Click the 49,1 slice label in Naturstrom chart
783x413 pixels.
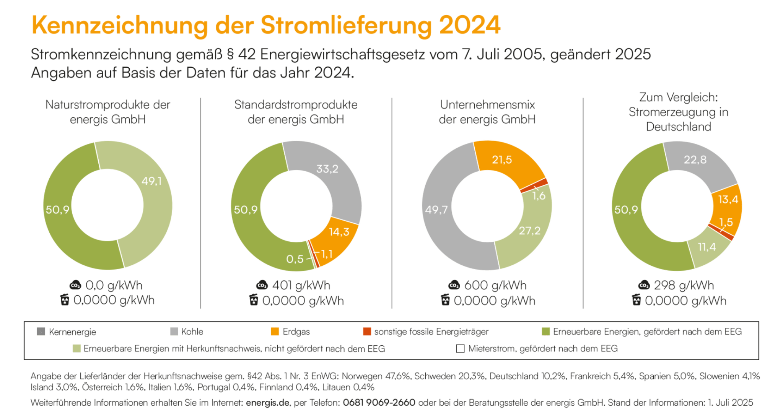(x=151, y=181)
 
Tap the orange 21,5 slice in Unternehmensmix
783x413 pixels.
(x=501, y=160)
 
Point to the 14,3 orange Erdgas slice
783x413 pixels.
(x=339, y=232)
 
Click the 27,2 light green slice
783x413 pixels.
(x=529, y=231)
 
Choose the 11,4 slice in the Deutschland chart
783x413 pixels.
(x=706, y=247)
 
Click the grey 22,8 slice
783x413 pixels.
(x=695, y=160)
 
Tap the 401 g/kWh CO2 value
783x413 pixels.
(x=301, y=286)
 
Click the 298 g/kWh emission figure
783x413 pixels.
(x=684, y=286)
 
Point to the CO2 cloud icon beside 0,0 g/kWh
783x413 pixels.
(x=75, y=286)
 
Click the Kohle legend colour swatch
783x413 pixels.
(x=174, y=332)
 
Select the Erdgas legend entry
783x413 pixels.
(x=296, y=332)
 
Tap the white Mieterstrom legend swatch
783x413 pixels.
(x=460, y=349)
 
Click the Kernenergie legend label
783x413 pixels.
(x=72, y=332)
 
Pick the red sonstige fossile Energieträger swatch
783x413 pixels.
(x=367, y=332)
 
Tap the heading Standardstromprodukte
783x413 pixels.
(x=296, y=105)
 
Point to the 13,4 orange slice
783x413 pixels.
(x=728, y=200)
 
